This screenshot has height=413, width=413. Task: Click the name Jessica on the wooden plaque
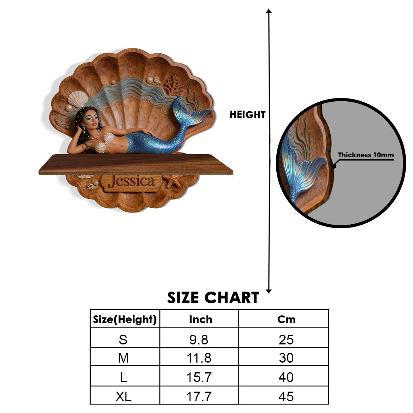pyautogui.click(x=131, y=181)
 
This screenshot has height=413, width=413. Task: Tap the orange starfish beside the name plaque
pyautogui.click(x=173, y=181)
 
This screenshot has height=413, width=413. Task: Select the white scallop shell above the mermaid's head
pyautogui.click(x=78, y=99)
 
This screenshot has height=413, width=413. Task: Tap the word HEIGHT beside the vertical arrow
pyautogui.click(x=247, y=115)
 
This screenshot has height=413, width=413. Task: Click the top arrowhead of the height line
pyautogui.click(x=269, y=11)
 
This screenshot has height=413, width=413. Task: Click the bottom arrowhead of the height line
pyautogui.click(x=269, y=291)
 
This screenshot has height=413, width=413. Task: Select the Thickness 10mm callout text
pyautogui.click(x=366, y=155)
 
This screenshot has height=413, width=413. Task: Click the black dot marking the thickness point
pyautogui.click(x=334, y=166)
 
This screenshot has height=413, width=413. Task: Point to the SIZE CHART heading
pyautogui.click(x=213, y=298)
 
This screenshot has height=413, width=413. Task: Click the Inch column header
pyautogui.click(x=200, y=319)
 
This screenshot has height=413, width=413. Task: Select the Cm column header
pyautogui.click(x=286, y=319)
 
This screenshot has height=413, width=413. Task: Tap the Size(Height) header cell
pyautogui.click(x=125, y=319)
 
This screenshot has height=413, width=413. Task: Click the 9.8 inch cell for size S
pyautogui.click(x=199, y=340)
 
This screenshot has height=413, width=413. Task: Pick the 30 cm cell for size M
pyautogui.click(x=286, y=358)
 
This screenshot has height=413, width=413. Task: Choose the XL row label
pyautogui.click(x=123, y=396)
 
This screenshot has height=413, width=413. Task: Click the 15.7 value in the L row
pyautogui.click(x=199, y=377)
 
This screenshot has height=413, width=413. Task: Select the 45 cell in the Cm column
pyautogui.click(x=286, y=396)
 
